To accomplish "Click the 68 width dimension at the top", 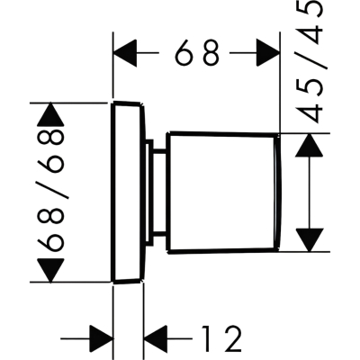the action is [197, 53].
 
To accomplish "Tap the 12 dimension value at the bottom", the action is [221, 338].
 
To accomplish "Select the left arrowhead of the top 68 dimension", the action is [125, 53].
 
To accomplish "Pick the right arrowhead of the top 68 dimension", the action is [268, 53].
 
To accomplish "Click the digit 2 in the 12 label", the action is [231, 338].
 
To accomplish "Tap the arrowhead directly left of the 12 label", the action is [156, 338].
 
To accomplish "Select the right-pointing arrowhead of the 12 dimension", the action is [102, 338].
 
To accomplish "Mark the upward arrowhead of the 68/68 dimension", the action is [50, 114].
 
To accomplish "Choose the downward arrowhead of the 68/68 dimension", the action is [50, 271].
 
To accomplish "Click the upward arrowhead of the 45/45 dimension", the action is [310, 145].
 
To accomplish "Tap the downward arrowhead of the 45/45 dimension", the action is [310, 240].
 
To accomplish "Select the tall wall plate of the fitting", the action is [129, 193].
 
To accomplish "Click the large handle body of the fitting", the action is [223, 193].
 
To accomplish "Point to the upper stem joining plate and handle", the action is [159, 151].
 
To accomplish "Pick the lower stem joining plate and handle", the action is [159, 234].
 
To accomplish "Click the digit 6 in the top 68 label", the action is [184, 53].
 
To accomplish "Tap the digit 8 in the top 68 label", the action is [211, 53].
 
